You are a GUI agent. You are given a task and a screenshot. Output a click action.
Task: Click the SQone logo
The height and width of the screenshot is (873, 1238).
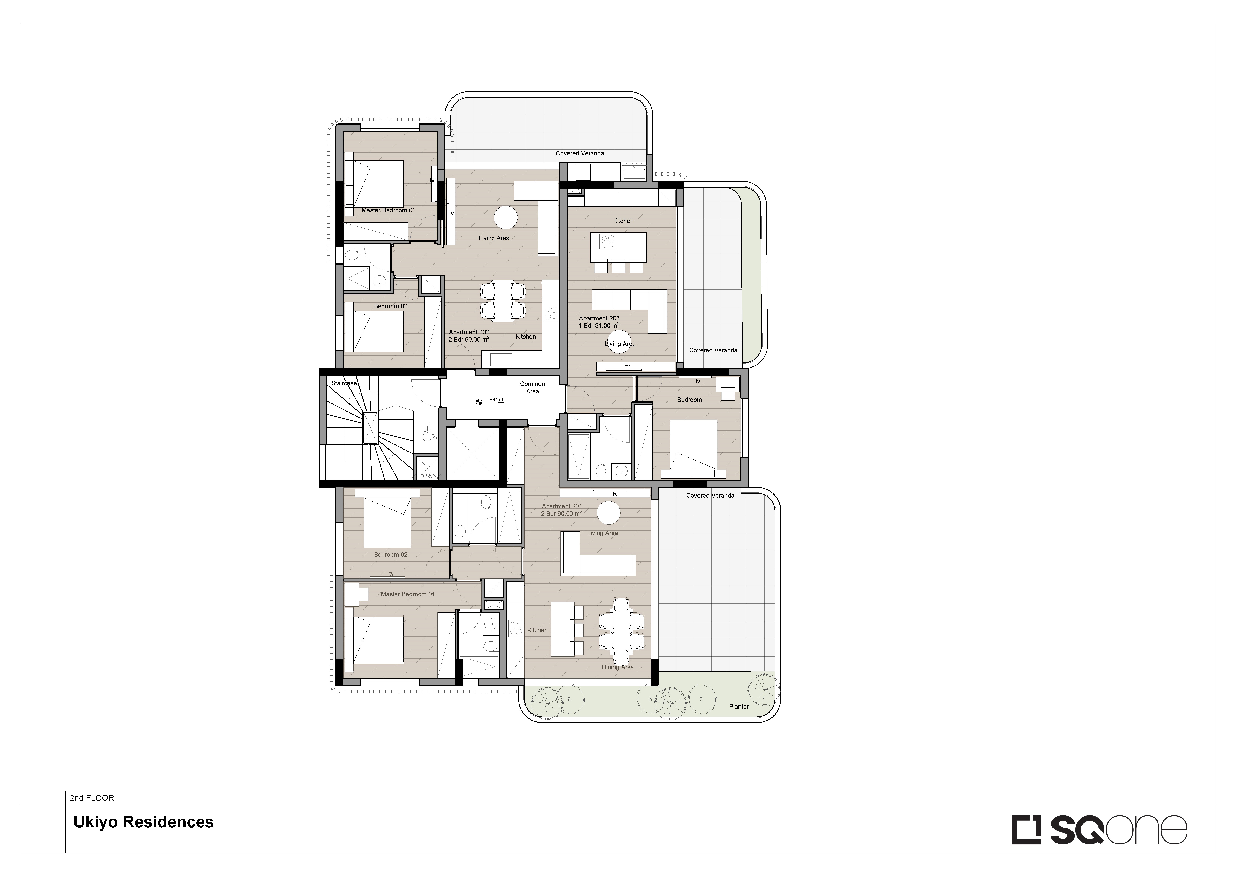tap(1099, 829)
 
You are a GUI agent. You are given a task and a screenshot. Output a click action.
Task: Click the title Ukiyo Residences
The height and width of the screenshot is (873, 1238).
tap(144, 822)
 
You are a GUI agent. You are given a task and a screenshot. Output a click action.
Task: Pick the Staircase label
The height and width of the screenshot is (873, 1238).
tap(344, 383)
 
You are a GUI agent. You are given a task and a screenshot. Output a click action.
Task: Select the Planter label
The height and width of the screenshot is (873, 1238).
tap(739, 706)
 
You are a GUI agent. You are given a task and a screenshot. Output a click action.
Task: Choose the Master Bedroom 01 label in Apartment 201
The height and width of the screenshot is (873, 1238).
tap(408, 594)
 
